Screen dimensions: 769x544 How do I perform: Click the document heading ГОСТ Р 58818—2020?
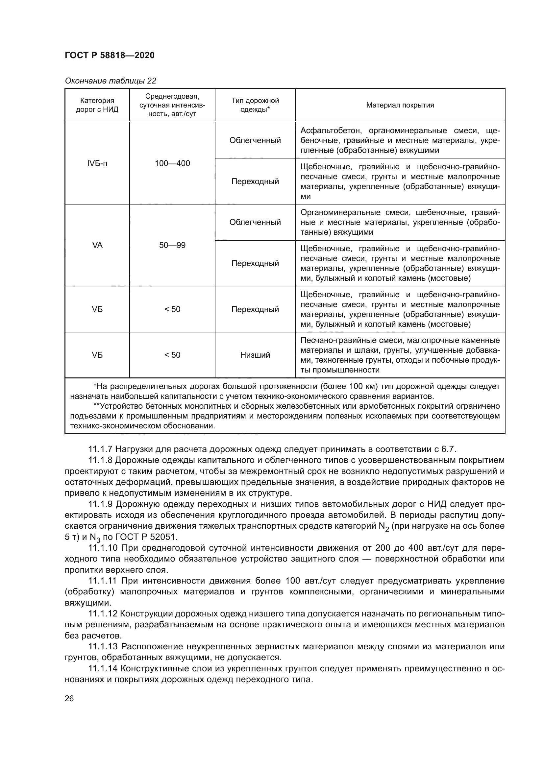click(110, 55)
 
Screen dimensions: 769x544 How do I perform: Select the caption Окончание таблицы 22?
click(110, 81)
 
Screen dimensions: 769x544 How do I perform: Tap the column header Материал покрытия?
click(400, 105)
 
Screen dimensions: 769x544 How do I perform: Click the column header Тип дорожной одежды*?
click(255, 105)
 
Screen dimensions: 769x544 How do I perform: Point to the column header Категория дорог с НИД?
click(97, 105)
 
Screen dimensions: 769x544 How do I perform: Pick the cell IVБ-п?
click(97, 163)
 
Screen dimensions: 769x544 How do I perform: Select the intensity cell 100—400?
click(172, 163)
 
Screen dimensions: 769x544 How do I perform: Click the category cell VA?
click(97, 245)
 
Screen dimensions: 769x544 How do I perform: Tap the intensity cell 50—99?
click(172, 245)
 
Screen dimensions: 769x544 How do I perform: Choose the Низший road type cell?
click(255, 355)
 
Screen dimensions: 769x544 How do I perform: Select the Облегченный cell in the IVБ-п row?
click(255, 140)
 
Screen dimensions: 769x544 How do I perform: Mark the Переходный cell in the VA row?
click(255, 263)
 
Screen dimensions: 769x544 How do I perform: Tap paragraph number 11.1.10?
click(103, 548)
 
